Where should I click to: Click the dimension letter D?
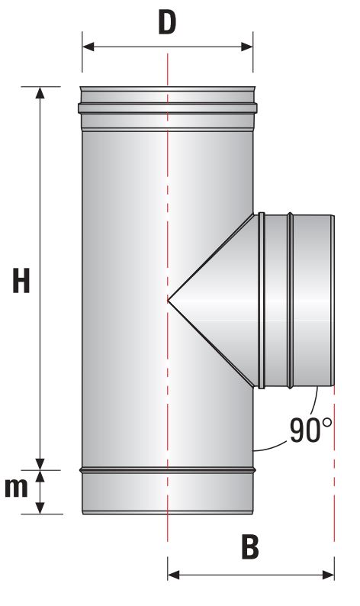click(167, 22)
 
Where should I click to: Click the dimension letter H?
click(21, 280)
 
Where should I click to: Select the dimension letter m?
click(16, 488)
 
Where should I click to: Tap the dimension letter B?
click(250, 547)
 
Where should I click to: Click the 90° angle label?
click(310, 430)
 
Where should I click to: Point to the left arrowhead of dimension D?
click(88, 47)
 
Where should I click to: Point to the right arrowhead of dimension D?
click(247, 47)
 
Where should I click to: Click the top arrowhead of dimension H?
click(40, 93)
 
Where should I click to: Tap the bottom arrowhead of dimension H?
click(40, 464)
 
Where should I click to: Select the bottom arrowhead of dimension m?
click(40, 508)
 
